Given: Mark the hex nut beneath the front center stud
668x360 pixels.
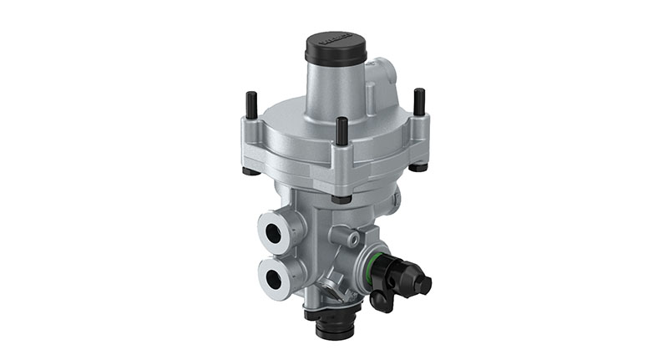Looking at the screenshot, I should [340, 199].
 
